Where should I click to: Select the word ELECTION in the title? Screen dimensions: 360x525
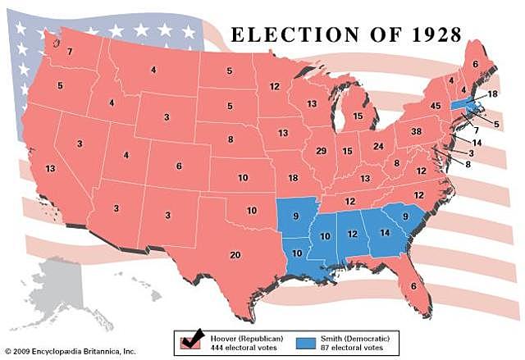pyautogui.click(x=284, y=35)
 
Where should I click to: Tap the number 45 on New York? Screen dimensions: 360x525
pyautogui.click(x=436, y=106)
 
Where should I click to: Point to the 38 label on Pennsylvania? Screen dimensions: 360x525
pyautogui.click(x=415, y=131)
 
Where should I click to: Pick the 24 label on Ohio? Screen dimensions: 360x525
pyautogui.click(x=378, y=146)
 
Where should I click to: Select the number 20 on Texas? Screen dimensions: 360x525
pyautogui.click(x=235, y=255)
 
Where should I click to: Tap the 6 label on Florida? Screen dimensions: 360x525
pyautogui.click(x=413, y=285)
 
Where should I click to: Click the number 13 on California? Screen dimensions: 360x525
pyautogui.click(x=51, y=168)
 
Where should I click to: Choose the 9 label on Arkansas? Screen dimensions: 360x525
pyautogui.click(x=295, y=217)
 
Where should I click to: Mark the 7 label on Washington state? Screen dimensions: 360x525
pyautogui.click(x=70, y=52)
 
